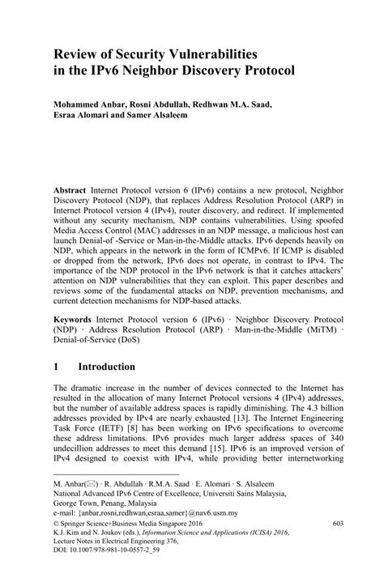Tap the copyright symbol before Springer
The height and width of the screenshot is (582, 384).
pyautogui.click(x=56, y=547)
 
